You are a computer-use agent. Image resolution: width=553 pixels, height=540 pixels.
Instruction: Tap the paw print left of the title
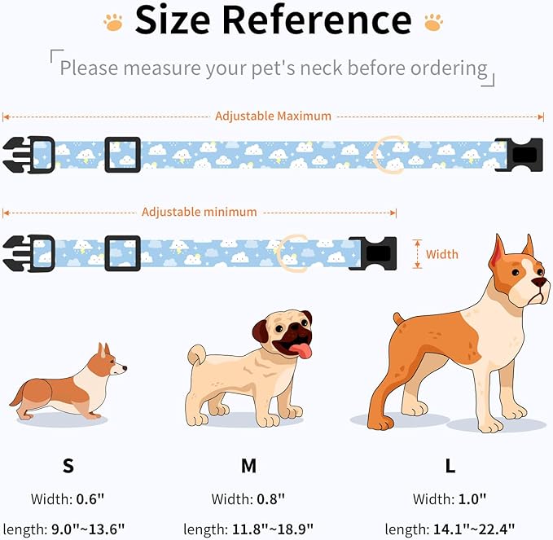pos(113,21)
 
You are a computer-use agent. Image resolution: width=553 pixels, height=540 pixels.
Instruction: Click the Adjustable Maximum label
pos(273,116)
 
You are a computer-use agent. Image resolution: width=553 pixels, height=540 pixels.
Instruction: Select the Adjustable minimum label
pos(200,212)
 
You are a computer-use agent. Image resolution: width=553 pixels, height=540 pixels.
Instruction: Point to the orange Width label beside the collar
pos(442,254)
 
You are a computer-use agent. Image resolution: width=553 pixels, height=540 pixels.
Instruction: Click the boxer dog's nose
pos(540,282)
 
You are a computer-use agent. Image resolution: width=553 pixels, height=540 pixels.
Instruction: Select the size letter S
pos(68,466)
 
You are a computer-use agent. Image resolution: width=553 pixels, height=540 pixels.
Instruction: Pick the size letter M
pos(248,466)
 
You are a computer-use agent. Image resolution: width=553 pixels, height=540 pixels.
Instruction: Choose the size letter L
pos(450,466)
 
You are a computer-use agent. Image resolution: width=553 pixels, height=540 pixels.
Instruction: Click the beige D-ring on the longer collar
pos(387,154)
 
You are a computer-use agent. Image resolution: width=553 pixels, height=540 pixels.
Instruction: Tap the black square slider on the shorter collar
pos(122,253)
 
